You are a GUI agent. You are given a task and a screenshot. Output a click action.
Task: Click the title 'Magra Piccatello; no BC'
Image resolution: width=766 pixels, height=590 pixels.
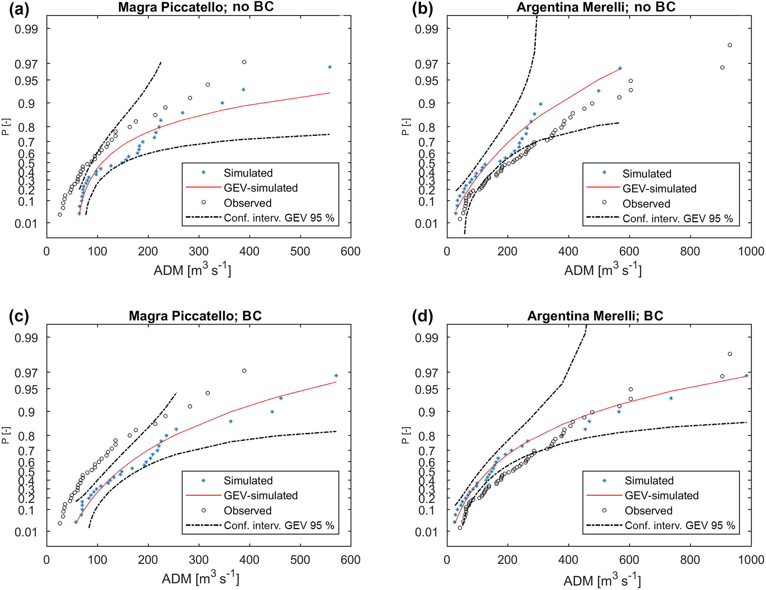coord(196,7)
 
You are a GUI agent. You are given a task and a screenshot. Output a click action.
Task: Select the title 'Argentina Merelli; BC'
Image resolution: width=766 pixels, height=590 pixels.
coord(595,316)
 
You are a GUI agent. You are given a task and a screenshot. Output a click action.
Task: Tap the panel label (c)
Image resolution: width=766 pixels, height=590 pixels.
coord(19,316)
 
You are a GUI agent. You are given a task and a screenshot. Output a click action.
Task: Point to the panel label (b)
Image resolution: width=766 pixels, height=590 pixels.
coord(422,9)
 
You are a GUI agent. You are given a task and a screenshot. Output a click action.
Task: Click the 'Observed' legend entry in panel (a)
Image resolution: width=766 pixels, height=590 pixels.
coord(248,203)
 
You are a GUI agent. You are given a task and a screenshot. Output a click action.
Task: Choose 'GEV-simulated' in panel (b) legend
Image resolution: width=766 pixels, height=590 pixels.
coord(659,189)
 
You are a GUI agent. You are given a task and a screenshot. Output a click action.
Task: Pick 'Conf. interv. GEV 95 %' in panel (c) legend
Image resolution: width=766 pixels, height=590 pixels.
coord(279,525)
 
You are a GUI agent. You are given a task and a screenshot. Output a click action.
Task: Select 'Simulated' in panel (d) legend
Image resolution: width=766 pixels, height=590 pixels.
coord(649,481)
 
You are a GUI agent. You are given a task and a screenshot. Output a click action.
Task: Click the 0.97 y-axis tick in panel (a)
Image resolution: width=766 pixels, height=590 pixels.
coord(26,64)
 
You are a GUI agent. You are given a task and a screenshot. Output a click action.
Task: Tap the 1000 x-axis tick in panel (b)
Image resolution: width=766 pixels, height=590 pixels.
coord(751,251)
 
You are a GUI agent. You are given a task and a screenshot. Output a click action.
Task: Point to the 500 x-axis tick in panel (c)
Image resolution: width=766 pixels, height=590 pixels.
coord(300,560)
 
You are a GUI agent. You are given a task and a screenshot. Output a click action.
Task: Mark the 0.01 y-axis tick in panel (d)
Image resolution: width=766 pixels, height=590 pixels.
coord(426,532)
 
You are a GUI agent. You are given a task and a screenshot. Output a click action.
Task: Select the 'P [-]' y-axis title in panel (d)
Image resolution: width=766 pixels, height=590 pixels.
coord(406,435)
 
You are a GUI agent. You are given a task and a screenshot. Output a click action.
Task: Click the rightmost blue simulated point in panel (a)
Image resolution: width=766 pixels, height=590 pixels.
coord(330,67)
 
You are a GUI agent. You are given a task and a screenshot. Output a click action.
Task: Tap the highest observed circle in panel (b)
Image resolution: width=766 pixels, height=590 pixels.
coord(730,45)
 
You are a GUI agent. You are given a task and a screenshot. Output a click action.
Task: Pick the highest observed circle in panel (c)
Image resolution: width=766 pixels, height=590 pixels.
coord(244,371)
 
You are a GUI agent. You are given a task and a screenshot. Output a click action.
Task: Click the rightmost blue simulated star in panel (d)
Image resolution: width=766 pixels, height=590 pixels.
coord(746,376)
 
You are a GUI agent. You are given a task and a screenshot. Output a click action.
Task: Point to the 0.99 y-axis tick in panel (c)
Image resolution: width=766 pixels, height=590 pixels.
coord(26,338)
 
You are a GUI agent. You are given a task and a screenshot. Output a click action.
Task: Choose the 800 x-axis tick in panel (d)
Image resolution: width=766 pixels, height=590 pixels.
coord(690,560)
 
